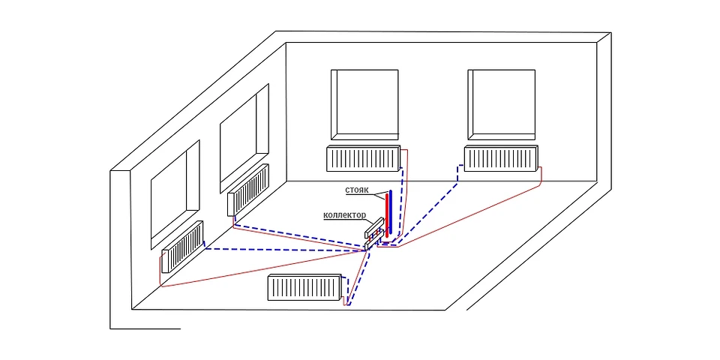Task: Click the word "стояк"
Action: pyautogui.click(x=357, y=190)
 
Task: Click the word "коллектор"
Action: pyautogui.click(x=345, y=215)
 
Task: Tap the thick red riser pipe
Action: pyautogui.click(x=387, y=215)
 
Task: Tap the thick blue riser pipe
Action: pyautogui.click(x=391, y=213)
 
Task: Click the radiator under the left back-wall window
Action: pyautogui.click(x=363, y=159)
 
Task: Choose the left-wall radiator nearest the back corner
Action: pyautogui.click(x=248, y=190)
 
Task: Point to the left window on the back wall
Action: pyautogui.click(x=364, y=105)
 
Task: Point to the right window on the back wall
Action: pyautogui.click(x=502, y=105)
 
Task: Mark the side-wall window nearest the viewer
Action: pyautogui.click(x=175, y=195)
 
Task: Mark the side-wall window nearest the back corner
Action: pyautogui.click(x=244, y=139)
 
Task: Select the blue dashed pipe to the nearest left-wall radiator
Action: pyautogui.click(x=285, y=249)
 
